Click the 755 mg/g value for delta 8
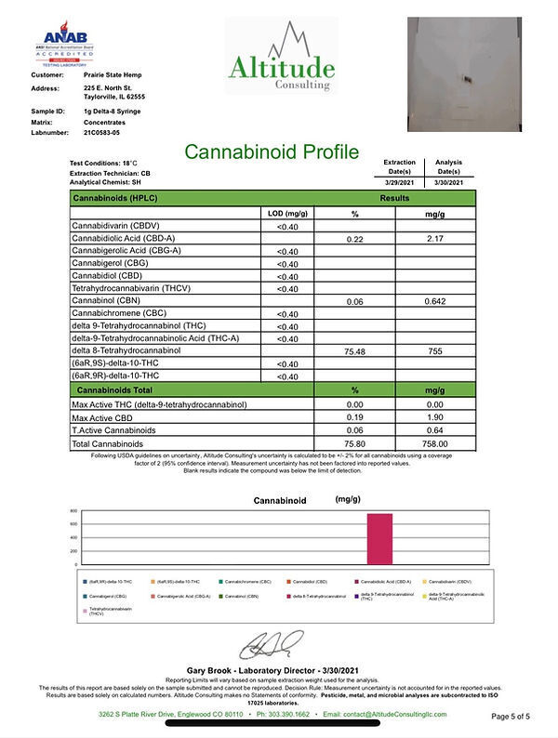point(435,352)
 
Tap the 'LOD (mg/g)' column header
point(288,213)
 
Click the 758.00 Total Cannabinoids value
point(435,443)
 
